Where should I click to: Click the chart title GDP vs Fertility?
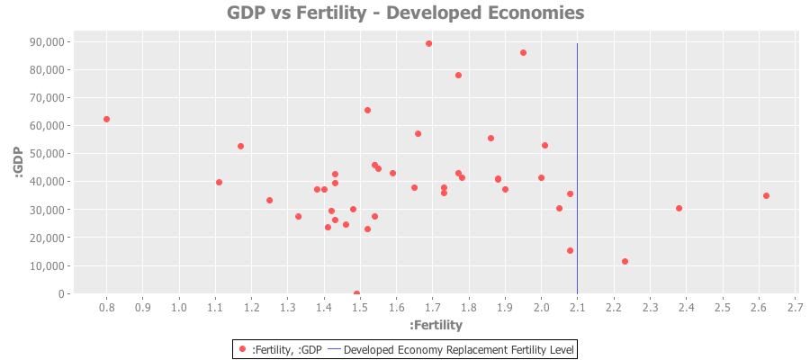[405, 13]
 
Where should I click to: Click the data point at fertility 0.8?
[106, 119]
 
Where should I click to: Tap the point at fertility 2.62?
[766, 195]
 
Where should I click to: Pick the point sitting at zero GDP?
[356, 293]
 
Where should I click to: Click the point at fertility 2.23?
[625, 261]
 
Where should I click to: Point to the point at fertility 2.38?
[679, 208]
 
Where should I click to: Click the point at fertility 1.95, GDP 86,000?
[523, 52]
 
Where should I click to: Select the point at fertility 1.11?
[219, 182]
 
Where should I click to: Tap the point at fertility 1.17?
[240, 146]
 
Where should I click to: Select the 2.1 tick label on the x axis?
[577, 308]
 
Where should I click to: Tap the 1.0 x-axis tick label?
[179, 308]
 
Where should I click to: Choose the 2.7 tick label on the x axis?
[795, 308]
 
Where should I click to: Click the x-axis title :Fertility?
[436, 325]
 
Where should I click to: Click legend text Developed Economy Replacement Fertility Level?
[459, 348]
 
